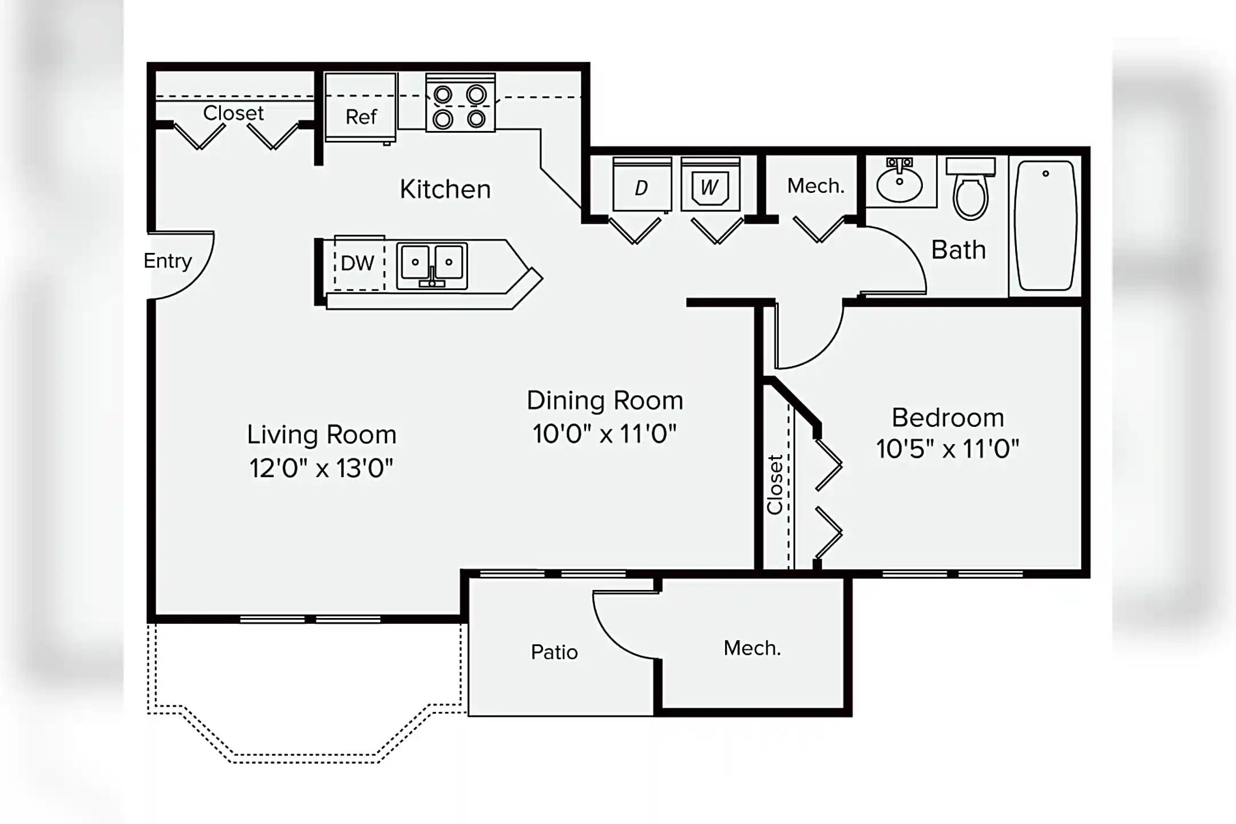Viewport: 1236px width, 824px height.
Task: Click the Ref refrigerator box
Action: click(360, 107)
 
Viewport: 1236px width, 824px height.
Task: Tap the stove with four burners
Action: click(460, 103)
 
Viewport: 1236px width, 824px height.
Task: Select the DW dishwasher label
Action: click(358, 263)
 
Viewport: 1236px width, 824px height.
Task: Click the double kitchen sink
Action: click(432, 265)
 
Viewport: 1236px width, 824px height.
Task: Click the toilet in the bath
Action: click(970, 192)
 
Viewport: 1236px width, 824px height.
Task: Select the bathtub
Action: click(1045, 225)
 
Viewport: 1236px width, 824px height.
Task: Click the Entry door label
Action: click(168, 261)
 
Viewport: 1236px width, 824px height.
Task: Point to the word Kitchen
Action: click(445, 189)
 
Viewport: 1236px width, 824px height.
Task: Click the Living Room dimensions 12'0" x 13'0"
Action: click(321, 468)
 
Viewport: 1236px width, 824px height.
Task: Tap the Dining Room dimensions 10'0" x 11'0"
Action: click(604, 434)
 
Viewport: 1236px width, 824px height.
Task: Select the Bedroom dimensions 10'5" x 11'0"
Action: click(948, 449)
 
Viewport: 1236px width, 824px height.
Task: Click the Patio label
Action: click(554, 652)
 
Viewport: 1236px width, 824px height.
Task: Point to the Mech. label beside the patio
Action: click(752, 648)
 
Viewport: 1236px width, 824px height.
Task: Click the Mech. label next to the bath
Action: click(815, 186)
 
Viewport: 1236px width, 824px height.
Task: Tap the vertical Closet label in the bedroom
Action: click(775, 484)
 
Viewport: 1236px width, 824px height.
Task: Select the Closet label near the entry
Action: click(233, 113)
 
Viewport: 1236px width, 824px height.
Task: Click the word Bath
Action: click(958, 250)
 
